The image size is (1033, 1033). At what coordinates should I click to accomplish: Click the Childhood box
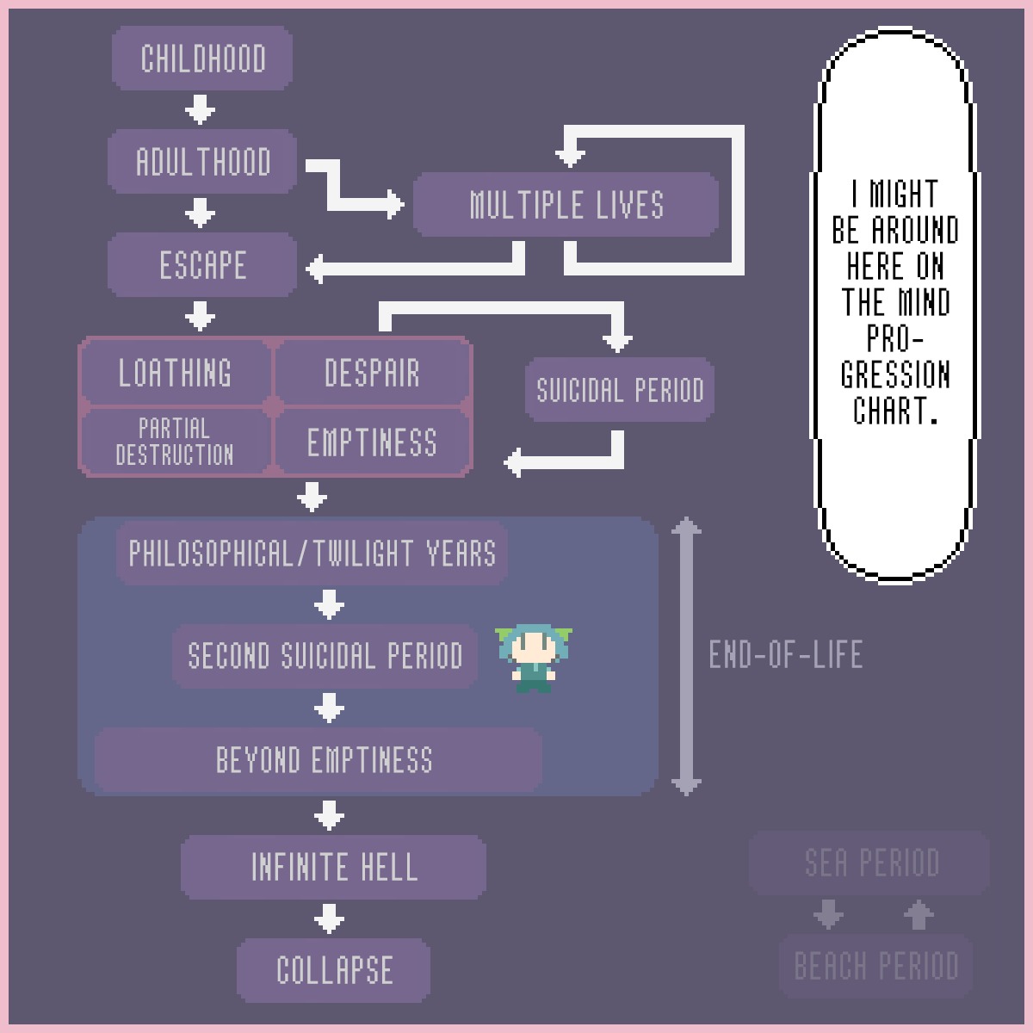tap(202, 59)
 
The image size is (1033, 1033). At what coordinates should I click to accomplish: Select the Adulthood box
tap(202, 162)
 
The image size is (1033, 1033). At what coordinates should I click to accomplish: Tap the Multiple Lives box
tap(566, 205)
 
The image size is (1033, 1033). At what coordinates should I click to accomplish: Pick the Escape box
tap(202, 265)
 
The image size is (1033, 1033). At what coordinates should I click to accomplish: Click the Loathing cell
tap(176, 373)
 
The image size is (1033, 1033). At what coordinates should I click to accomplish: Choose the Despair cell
tap(372, 373)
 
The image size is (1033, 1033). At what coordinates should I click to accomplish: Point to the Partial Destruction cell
tap(176, 442)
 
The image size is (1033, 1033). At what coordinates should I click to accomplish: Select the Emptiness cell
tap(372, 442)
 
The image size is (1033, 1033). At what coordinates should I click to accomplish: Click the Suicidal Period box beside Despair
tap(620, 390)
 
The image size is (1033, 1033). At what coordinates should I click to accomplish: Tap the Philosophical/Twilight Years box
tap(312, 553)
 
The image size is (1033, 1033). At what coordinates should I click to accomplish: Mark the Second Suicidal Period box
tap(325, 656)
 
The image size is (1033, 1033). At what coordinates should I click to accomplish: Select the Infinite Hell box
tap(334, 867)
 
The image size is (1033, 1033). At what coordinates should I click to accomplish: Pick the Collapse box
tap(334, 970)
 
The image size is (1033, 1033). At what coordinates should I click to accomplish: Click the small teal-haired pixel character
tap(534, 659)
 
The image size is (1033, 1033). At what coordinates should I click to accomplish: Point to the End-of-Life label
tap(785, 655)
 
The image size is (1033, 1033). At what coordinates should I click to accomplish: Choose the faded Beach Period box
tap(876, 966)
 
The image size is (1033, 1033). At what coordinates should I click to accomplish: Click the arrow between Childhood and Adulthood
tap(201, 110)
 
